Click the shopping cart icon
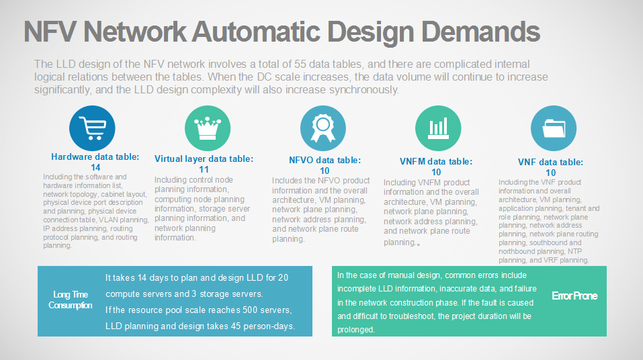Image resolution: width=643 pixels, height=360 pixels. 92,128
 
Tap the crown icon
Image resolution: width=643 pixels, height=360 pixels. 208,128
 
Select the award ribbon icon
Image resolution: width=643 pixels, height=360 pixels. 323,128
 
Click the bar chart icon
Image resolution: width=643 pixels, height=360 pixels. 438,128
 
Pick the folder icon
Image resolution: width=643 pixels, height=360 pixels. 554,128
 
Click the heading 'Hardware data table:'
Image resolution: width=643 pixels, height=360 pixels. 95,157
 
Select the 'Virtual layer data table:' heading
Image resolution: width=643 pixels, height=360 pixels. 204,159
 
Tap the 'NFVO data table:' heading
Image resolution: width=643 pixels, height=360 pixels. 325,161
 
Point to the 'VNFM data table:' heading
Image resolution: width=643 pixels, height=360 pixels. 436,162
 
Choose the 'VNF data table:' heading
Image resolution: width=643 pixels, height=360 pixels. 550,163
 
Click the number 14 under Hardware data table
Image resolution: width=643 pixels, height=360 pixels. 95,168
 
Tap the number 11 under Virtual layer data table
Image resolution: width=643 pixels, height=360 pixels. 204,170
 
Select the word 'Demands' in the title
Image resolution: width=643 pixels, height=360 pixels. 480,32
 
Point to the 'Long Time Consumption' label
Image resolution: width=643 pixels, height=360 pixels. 71,300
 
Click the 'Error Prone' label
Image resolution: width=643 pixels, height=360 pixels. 574,296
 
